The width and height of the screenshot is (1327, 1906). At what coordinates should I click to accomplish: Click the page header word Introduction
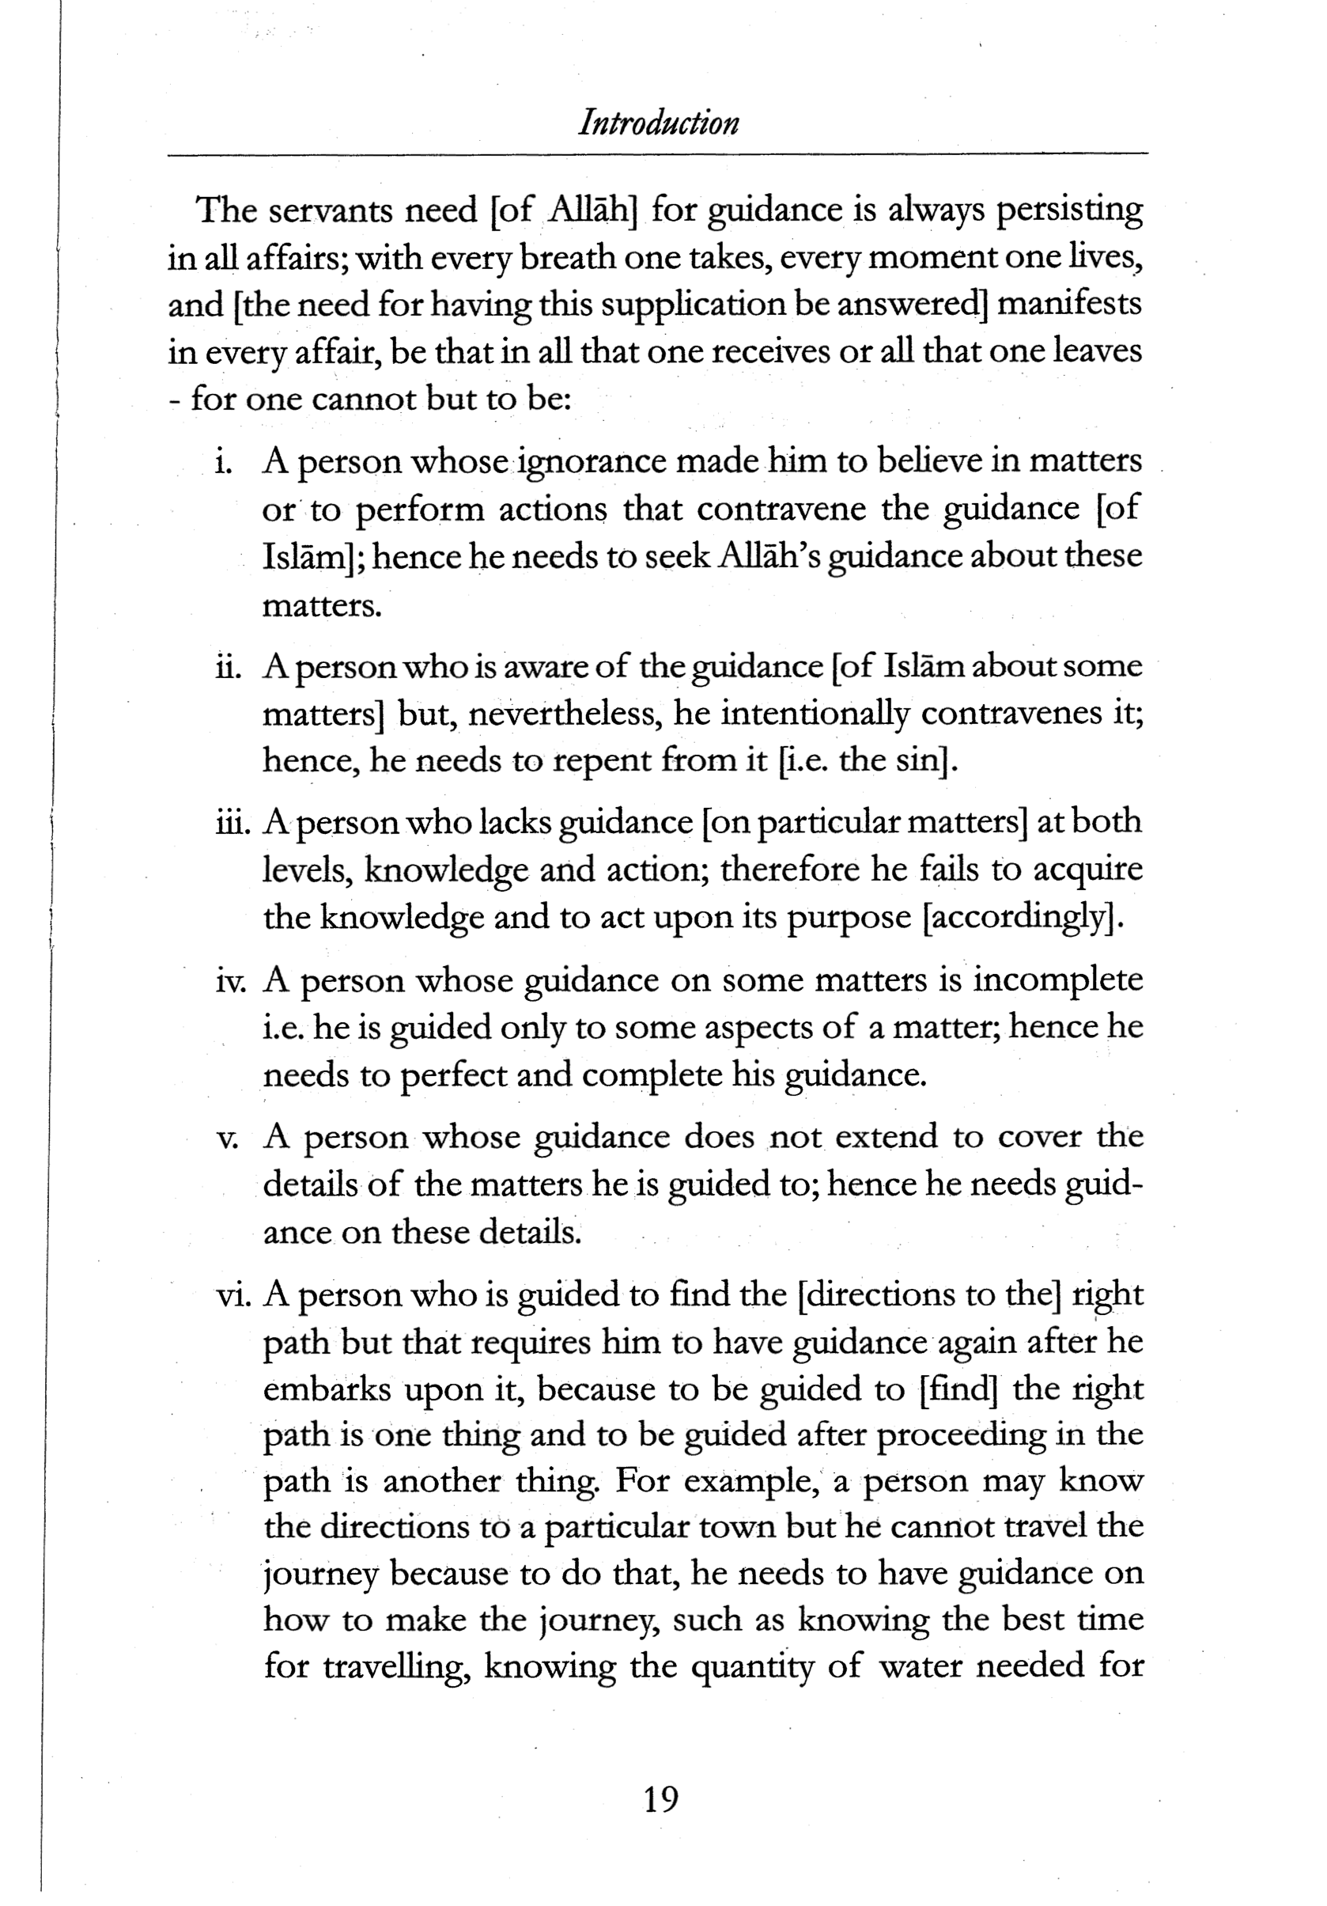point(658,123)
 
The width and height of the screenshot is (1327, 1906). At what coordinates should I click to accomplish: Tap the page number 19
point(660,1800)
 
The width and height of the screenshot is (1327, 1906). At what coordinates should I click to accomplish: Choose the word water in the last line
point(920,1665)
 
